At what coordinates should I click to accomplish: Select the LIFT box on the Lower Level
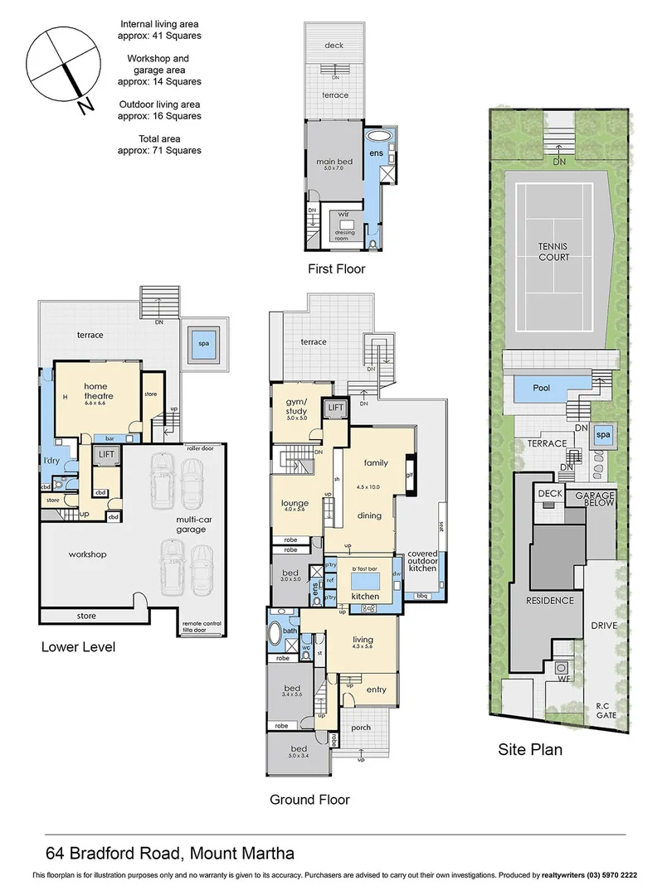click(x=106, y=455)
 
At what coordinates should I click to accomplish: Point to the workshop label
click(x=87, y=554)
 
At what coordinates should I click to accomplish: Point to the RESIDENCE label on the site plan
click(x=548, y=601)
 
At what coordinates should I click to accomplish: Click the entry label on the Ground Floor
click(x=376, y=689)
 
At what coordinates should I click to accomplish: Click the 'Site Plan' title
click(x=529, y=750)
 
